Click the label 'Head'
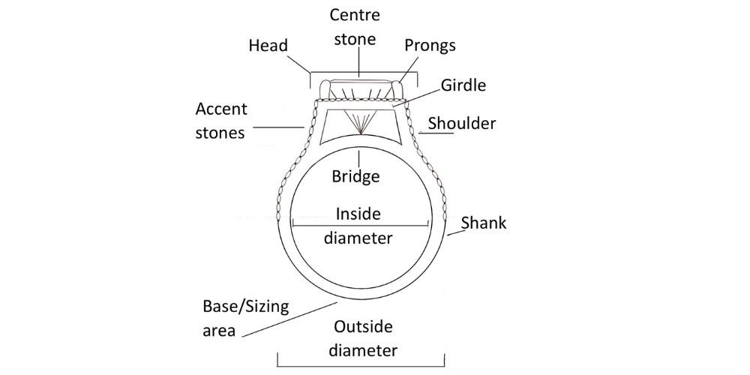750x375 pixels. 268,46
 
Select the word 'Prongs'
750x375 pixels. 430,45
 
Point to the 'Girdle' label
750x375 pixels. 463,85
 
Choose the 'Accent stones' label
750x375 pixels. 221,121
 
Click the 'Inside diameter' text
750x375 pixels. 358,226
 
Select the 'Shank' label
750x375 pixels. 484,222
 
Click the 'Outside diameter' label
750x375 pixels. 364,338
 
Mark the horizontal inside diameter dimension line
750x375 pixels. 360,223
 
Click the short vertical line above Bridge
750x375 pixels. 360,158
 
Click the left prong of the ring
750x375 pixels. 325,90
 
